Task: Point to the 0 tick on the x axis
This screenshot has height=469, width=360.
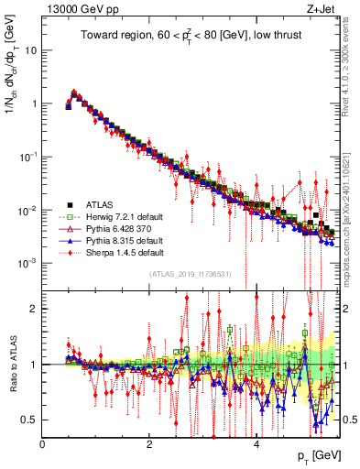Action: coord(42,444)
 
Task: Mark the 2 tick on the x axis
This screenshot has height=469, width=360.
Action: coord(149,444)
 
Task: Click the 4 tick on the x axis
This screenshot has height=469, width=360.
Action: coord(256,444)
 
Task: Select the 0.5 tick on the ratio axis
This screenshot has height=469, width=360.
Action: coord(29,420)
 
